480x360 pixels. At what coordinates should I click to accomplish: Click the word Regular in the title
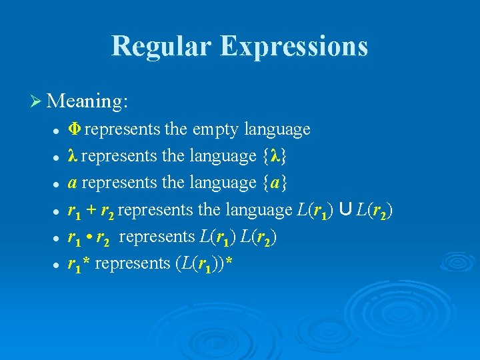(160, 46)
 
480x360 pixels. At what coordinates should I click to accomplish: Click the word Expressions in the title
(293, 46)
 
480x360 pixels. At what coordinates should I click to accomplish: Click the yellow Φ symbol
(75, 129)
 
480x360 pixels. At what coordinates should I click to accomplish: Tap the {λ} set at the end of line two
(275, 157)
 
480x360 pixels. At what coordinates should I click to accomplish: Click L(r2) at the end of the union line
(375, 210)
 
